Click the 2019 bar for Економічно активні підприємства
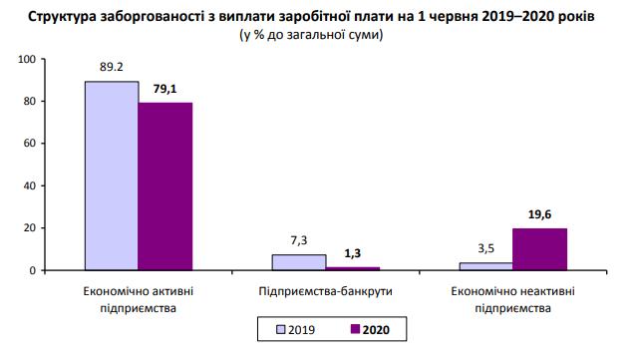111,176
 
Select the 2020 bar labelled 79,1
164,186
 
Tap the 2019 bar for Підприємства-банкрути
298,262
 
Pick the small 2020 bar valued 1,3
352,268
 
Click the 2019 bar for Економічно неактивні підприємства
485,266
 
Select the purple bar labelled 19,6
539,249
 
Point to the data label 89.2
112,69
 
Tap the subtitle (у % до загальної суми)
311,35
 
